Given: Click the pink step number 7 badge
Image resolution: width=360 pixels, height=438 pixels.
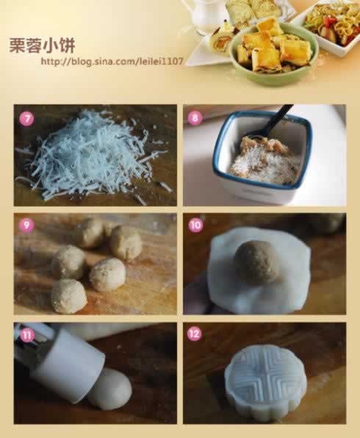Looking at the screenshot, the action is click(x=26, y=119).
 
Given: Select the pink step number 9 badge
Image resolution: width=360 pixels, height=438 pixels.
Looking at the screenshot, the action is click(x=26, y=224).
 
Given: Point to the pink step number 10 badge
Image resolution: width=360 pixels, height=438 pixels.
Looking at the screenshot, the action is click(x=195, y=225).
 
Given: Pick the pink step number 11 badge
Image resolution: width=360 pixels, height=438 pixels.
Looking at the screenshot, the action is click(x=26, y=334).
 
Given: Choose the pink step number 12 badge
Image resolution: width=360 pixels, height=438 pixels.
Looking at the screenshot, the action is click(x=195, y=334).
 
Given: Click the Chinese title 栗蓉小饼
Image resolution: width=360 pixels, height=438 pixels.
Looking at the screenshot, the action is click(x=42, y=46).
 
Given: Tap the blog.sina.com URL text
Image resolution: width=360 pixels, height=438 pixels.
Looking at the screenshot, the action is click(x=112, y=61).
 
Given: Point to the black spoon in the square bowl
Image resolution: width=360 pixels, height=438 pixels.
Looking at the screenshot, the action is click(x=268, y=123).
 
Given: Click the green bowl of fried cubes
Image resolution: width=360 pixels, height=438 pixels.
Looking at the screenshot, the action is click(x=274, y=53).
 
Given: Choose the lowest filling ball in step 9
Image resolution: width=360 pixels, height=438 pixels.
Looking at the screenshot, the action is click(x=69, y=295).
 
